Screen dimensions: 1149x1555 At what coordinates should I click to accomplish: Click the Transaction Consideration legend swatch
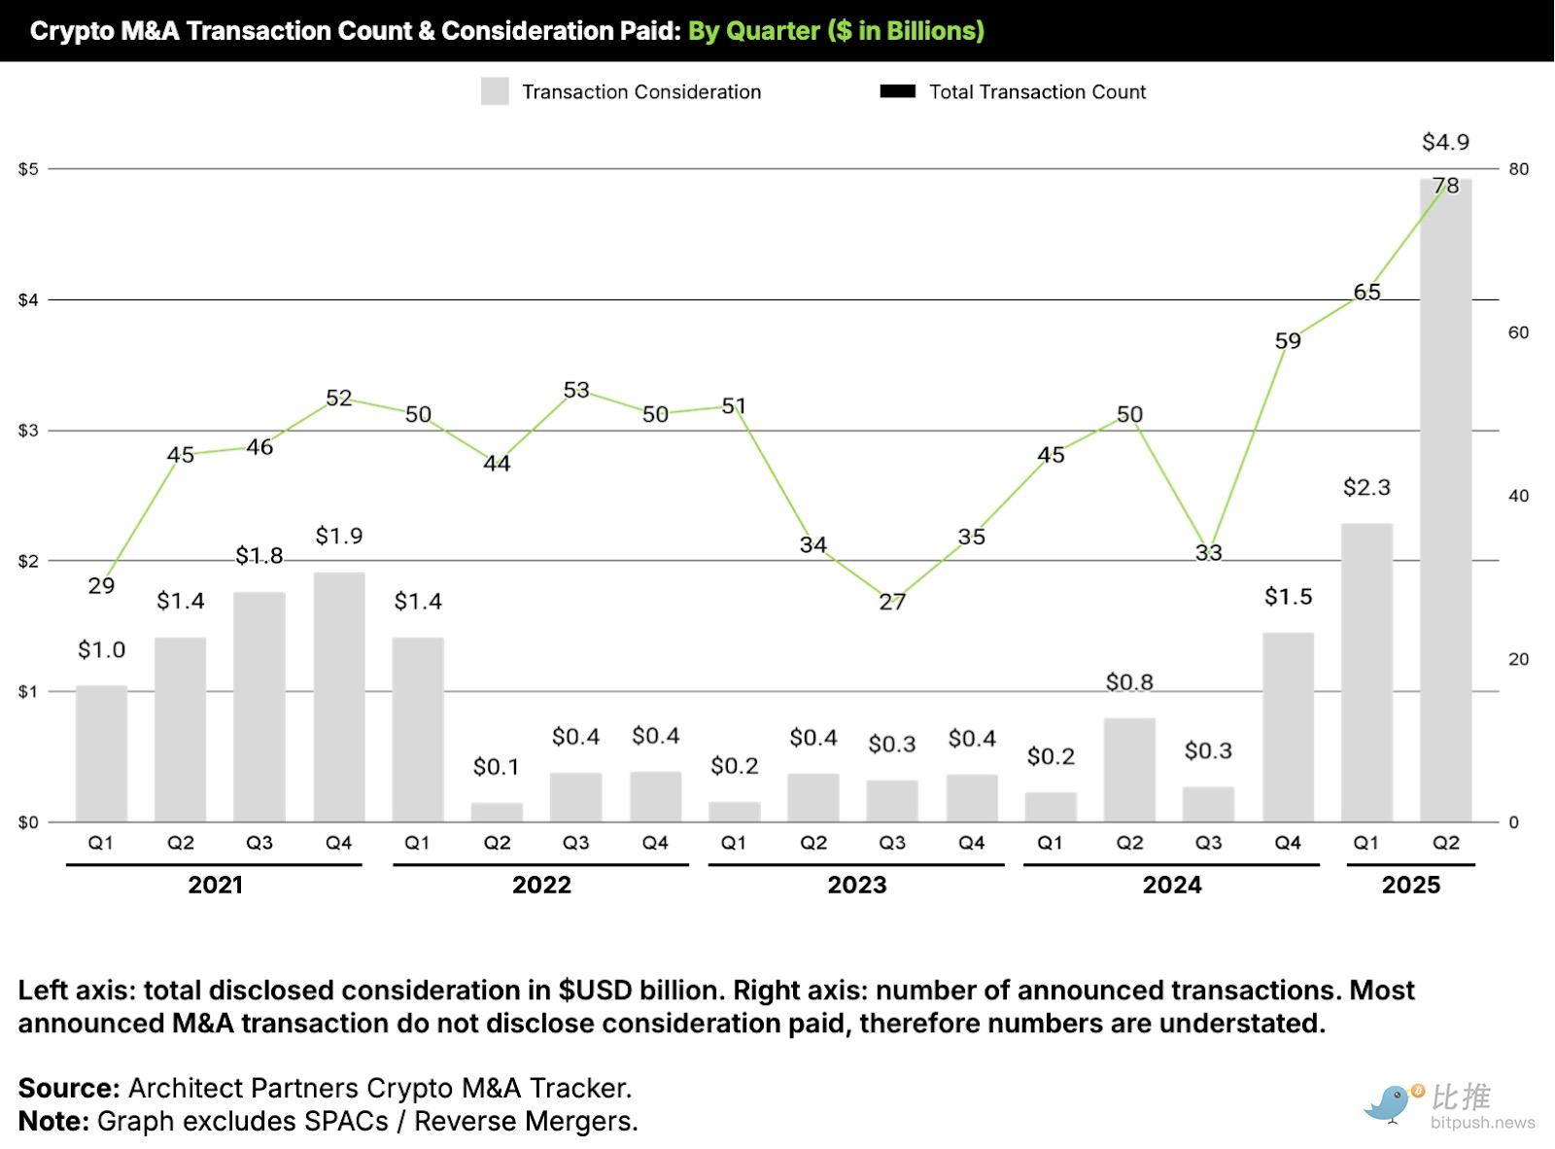(495, 91)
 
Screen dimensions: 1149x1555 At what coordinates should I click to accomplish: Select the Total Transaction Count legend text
(1037, 91)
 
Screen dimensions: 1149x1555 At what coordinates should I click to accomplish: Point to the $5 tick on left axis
(28, 169)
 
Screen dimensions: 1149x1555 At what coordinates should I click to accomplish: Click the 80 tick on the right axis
(1518, 169)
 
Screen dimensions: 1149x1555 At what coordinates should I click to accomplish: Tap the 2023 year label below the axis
(856, 885)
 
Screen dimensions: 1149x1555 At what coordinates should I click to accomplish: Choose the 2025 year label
(1410, 885)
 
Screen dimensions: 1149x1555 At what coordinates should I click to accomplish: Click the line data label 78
(1446, 186)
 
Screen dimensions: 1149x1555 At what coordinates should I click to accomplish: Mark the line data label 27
(892, 602)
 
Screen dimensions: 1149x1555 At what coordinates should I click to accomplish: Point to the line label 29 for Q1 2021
(101, 585)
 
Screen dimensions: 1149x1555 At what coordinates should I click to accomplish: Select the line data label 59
(1288, 341)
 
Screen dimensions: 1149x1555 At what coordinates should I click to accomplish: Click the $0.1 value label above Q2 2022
(497, 767)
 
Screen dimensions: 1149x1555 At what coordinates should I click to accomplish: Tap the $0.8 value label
(1129, 682)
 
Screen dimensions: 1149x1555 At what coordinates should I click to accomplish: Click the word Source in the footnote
(68, 1088)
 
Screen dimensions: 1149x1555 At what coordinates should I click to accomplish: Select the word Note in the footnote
(53, 1121)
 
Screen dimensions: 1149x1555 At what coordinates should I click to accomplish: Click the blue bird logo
(1390, 1103)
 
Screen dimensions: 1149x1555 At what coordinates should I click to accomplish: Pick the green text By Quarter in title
(754, 31)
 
